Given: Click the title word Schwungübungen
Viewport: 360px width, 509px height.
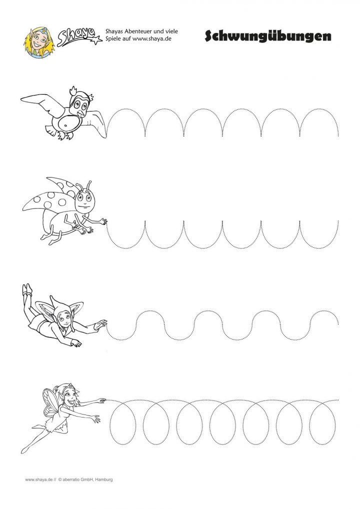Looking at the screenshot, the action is (268, 36).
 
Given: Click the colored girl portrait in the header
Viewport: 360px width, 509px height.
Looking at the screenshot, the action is (38, 42).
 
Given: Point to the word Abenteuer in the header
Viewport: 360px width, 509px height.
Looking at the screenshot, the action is (139, 31).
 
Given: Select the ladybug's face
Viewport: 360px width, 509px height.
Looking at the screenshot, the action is (84, 201).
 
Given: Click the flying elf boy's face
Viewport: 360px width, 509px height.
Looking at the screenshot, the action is (64, 318).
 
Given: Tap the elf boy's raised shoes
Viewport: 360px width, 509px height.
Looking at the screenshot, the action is (27, 289).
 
